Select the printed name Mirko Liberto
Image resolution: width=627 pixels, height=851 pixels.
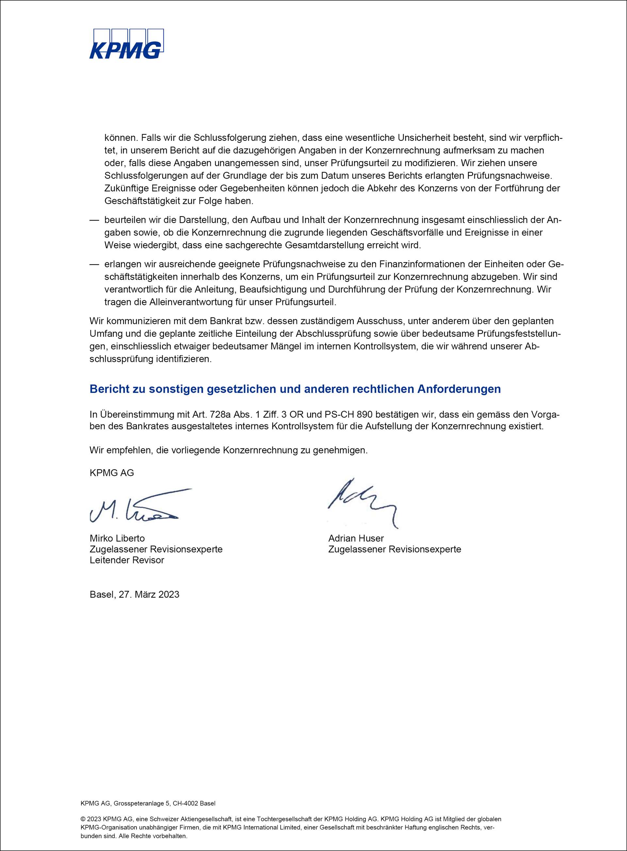(117, 538)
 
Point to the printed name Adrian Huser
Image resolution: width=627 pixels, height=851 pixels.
(356, 538)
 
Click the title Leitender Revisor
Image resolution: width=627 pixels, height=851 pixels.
(127, 560)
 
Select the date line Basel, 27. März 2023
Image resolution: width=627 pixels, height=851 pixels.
(134, 594)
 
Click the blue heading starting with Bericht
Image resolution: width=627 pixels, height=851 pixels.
(295, 389)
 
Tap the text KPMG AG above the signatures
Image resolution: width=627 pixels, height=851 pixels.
(112, 473)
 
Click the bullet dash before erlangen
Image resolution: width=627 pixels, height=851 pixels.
(94, 264)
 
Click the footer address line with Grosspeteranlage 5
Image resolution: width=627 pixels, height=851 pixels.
(148, 804)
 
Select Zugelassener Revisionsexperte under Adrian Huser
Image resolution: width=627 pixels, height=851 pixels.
(395, 549)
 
